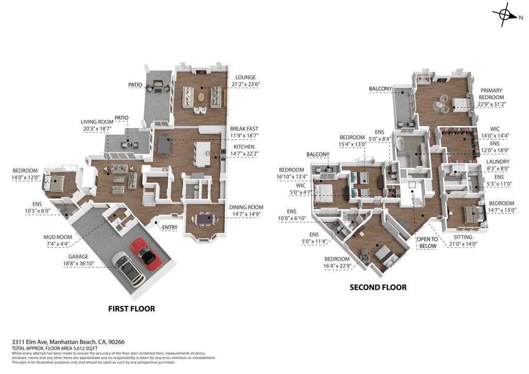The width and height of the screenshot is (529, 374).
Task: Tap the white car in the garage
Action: (x=128, y=269)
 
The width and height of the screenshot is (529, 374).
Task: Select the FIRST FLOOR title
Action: (x=132, y=308)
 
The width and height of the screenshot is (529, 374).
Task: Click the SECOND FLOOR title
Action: (x=378, y=287)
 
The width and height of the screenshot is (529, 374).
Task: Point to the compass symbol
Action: (x=504, y=14)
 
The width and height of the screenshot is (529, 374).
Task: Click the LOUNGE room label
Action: (x=245, y=77)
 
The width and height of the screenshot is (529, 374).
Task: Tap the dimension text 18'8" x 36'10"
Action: (x=79, y=263)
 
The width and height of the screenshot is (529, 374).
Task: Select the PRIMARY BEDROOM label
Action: (x=491, y=93)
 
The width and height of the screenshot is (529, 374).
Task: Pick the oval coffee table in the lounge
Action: (x=201, y=97)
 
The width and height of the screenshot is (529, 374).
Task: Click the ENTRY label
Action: (x=169, y=228)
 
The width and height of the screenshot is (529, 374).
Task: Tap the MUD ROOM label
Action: (x=58, y=237)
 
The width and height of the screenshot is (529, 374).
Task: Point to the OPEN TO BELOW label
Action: (x=427, y=242)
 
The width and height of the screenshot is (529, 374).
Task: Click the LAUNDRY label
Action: (x=497, y=162)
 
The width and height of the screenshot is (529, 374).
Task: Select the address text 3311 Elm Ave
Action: (x=29, y=341)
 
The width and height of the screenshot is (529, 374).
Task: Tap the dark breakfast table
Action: (x=164, y=145)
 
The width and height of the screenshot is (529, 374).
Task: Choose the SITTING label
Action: (x=463, y=237)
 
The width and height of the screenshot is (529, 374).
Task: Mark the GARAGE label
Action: (x=79, y=257)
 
